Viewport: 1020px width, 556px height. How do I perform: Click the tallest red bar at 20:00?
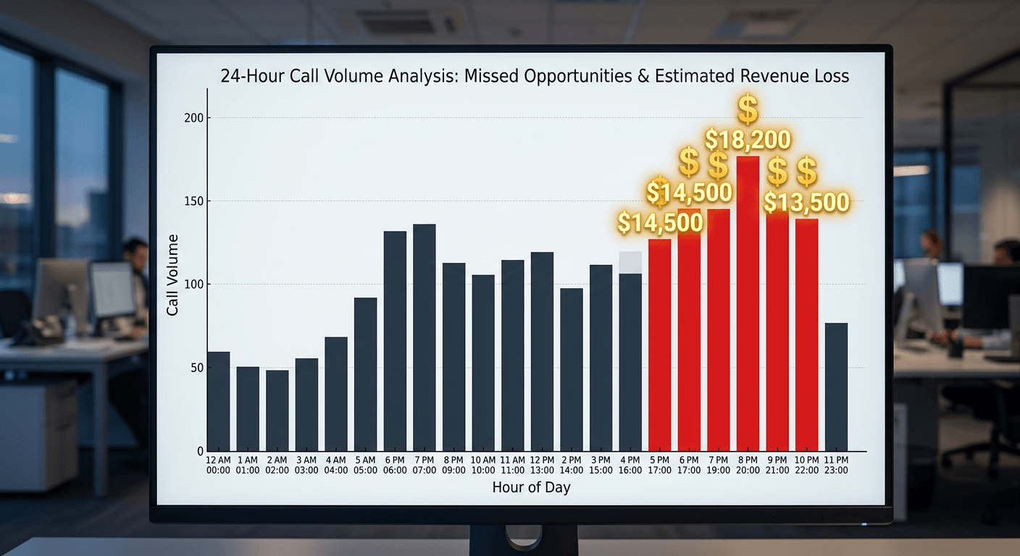click(x=748, y=304)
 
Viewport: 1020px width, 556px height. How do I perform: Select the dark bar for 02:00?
click(x=277, y=410)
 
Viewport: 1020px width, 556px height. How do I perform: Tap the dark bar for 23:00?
click(x=836, y=387)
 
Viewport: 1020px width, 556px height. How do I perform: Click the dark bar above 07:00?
click(x=425, y=337)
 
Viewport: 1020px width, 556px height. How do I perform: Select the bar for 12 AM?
click(x=218, y=401)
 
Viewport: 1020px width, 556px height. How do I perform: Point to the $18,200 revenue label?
click(x=748, y=139)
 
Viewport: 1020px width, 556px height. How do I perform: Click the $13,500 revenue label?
click(x=806, y=203)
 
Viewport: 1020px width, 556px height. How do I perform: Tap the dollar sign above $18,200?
click(x=748, y=109)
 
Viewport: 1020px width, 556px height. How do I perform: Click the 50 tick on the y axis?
click(x=196, y=368)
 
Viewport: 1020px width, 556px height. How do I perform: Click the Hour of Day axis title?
click(x=531, y=487)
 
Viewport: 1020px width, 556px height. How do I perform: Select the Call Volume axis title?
click(x=172, y=274)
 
